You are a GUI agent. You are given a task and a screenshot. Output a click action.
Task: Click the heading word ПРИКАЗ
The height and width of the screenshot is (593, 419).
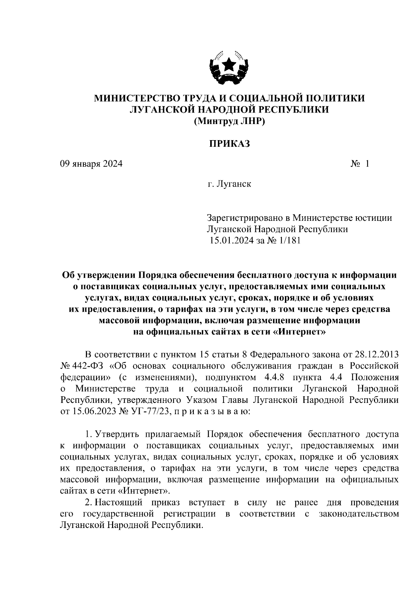pos(229,144)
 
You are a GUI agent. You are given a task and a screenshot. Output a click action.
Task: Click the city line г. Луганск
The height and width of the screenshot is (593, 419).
pos(229,184)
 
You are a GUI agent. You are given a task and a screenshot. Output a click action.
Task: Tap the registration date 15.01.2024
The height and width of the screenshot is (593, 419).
pos(232,240)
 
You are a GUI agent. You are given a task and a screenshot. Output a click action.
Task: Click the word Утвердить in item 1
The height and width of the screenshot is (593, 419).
pos(117,434)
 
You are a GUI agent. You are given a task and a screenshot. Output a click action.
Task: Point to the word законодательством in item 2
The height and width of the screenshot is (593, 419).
pos(359,514)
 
